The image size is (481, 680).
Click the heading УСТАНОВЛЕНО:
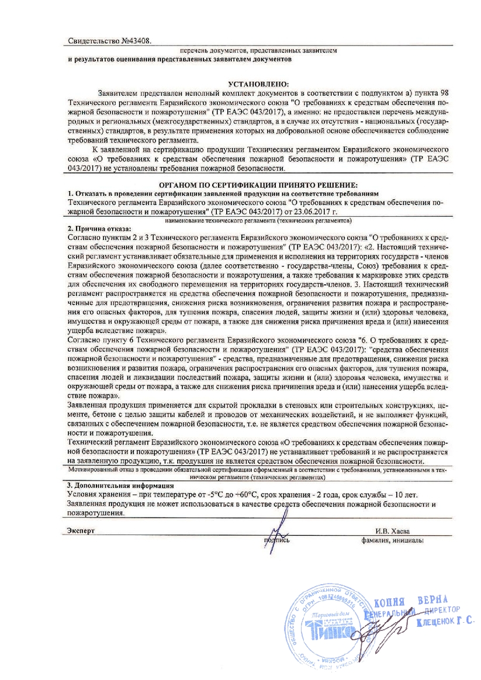[x=258, y=85]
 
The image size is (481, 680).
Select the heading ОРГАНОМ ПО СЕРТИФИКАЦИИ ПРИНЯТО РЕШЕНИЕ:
[x=258, y=184]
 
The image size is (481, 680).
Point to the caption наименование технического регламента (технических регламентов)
[x=258, y=222]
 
